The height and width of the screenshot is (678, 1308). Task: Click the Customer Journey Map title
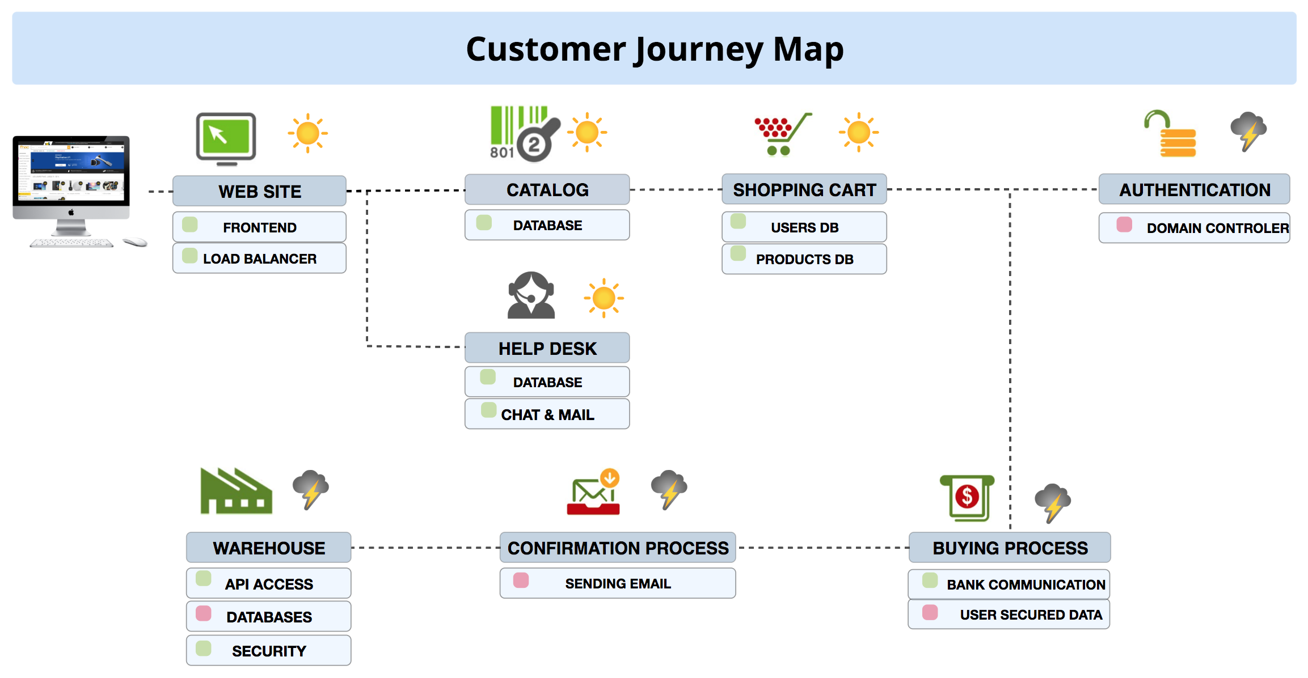click(655, 49)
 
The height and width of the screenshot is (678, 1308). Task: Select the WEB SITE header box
click(259, 191)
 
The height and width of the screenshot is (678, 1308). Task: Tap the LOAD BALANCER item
click(259, 259)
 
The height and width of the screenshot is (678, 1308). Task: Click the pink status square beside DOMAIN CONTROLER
click(1124, 224)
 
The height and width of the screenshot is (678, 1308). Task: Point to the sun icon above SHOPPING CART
click(858, 133)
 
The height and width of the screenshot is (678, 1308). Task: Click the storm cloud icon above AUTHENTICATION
click(1248, 131)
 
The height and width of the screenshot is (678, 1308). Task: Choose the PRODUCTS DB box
click(804, 259)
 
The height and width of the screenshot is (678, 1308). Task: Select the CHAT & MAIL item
click(547, 414)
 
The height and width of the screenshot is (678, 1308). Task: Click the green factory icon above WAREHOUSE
click(236, 491)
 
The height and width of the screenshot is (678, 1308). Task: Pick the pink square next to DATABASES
click(203, 613)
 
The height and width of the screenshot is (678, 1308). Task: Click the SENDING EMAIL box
click(617, 583)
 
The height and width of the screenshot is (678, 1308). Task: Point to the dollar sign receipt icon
click(968, 498)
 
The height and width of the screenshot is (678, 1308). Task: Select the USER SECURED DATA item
click(1009, 615)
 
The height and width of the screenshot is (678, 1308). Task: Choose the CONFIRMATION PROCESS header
click(617, 548)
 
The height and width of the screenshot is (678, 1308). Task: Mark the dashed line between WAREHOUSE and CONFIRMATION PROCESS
click(425, 548)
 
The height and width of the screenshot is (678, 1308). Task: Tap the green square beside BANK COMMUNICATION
click(930, 580)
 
